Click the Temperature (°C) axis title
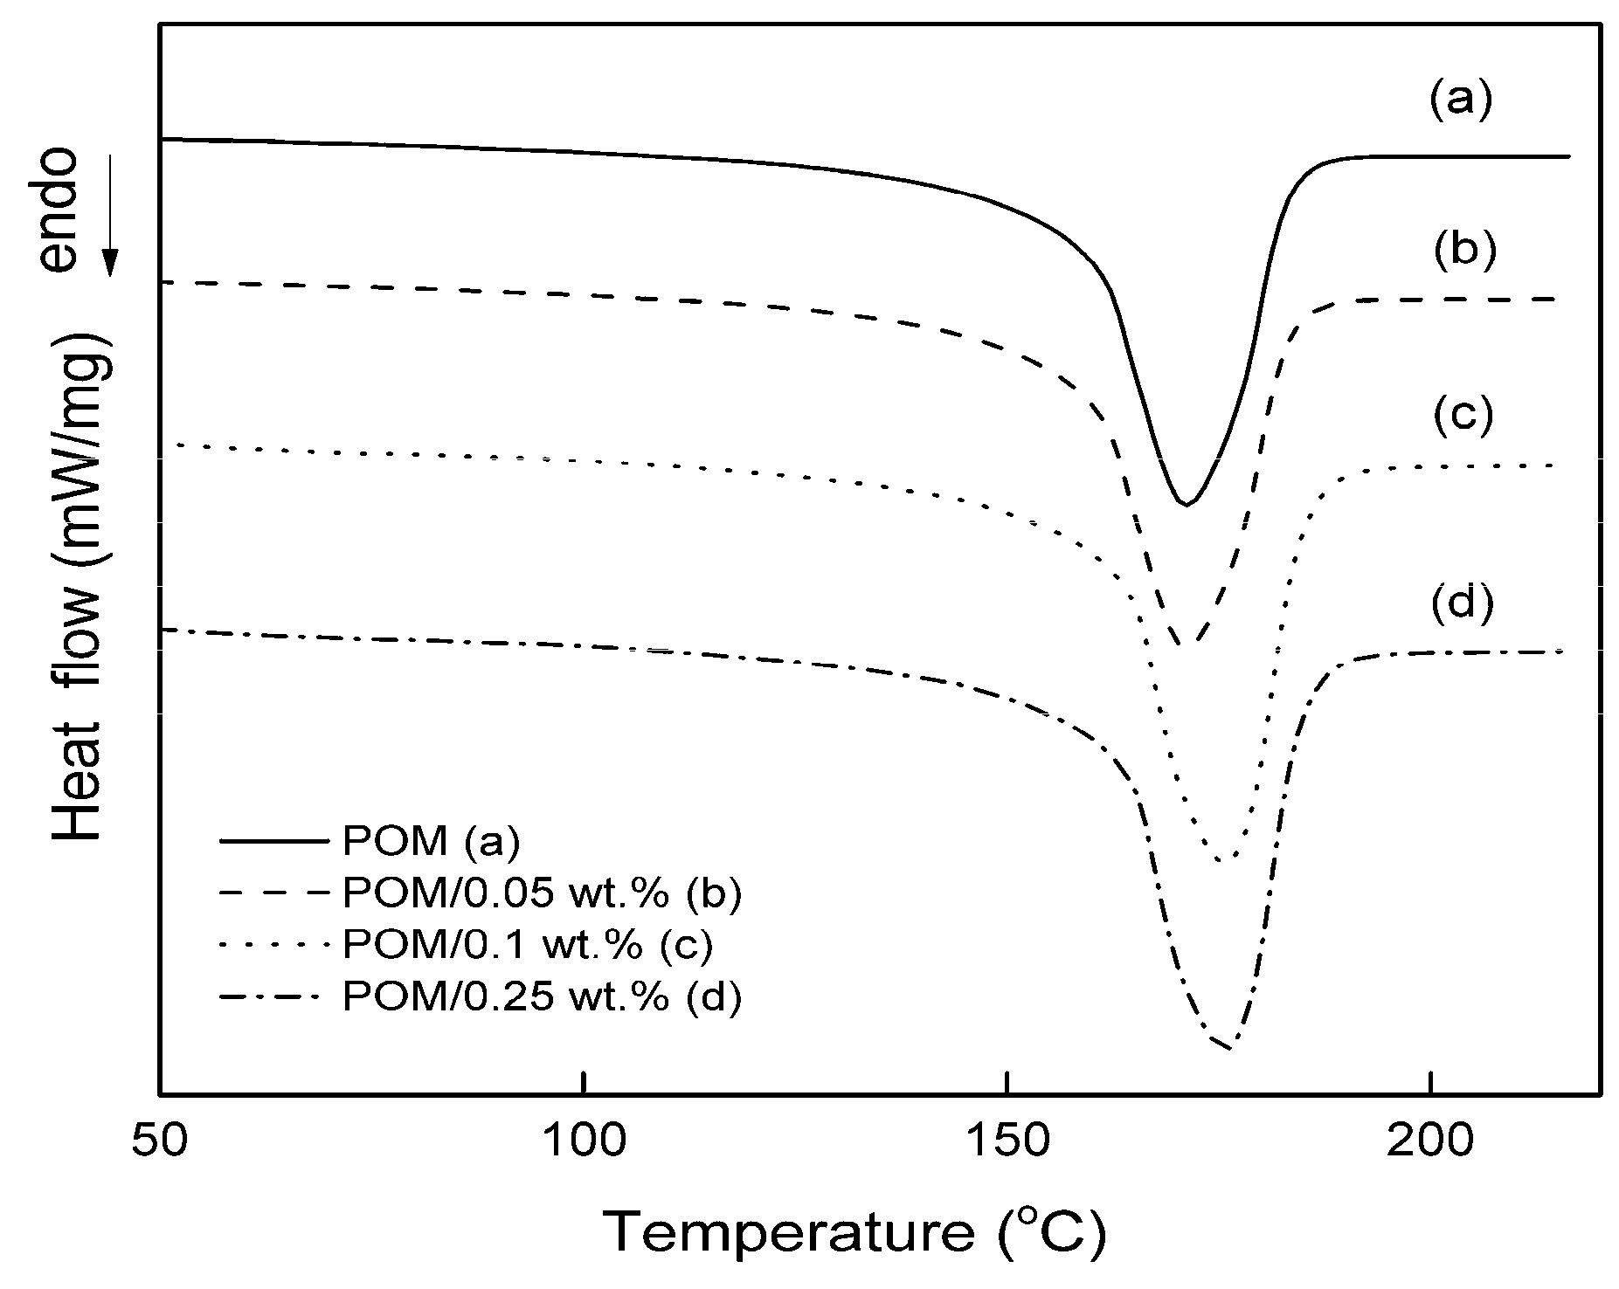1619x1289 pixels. [856, 1233]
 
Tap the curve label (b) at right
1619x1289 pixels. [1464, 251]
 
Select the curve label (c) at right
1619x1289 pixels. [1463, 415]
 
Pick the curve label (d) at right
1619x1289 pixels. [1463, 603]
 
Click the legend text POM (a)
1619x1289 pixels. [431, 842]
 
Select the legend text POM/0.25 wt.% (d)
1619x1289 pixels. [542, 996]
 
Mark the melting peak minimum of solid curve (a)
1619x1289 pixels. [1185, 504]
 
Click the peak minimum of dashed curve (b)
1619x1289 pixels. [1187, 644]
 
